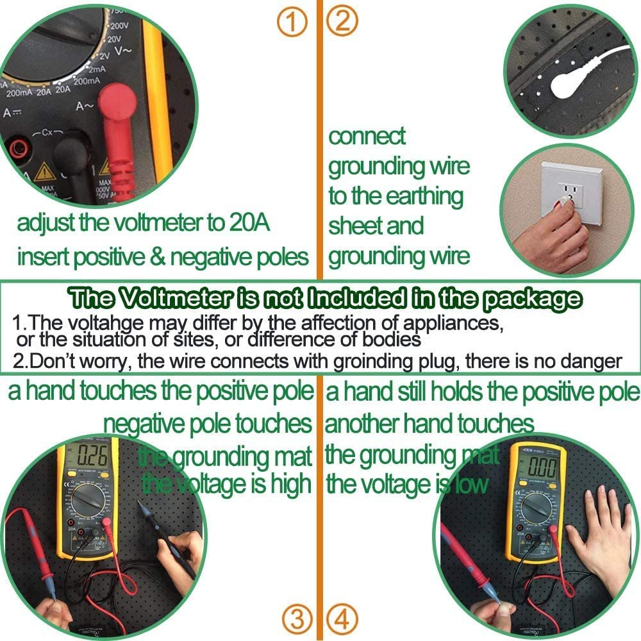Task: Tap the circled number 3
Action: (297, 619)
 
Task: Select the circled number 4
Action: (341, 619)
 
